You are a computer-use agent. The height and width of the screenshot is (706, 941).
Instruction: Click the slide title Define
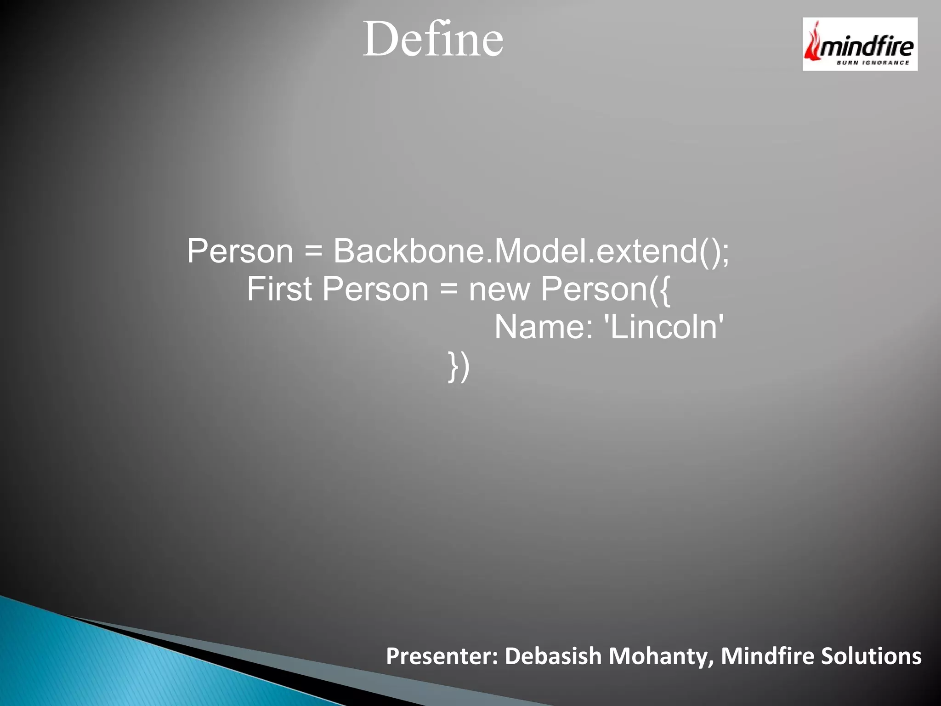coord(433,40)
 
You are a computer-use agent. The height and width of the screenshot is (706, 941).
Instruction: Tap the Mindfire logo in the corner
coord(860,44)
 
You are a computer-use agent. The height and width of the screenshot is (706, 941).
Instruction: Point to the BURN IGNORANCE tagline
coord(873,63)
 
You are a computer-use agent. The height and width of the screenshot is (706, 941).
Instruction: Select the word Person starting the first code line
coord(240,251)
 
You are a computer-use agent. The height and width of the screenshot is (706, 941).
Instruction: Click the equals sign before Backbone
coord(313,252)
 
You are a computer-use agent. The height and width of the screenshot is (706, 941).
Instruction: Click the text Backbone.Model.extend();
coord(531,251)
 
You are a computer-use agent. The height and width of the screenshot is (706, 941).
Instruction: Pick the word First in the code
coord(279,289)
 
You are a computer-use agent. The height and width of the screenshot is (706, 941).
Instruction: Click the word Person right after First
coord(375,289)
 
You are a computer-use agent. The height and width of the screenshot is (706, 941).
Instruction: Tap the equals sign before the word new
coord(448,290)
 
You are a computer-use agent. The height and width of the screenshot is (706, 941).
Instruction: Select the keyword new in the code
coord(499,290)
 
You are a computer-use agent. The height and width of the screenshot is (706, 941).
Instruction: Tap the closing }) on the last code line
coord(459,366)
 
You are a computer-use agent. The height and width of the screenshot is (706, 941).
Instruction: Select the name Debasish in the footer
coord(553,656)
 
